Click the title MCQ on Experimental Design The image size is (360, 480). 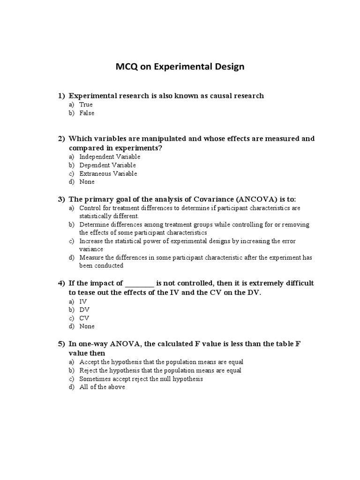(180, 67)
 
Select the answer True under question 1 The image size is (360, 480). (86, 105)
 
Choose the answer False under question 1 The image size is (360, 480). (87, 113)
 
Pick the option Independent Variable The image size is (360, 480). (110, 157)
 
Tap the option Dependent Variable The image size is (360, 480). (107, 165)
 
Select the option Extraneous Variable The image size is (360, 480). (108, 173)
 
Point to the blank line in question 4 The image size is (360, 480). (140, 284)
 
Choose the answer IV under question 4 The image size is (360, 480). (83, 301)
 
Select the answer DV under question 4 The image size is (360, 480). (84, 310)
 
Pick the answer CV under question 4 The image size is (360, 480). (84, 318)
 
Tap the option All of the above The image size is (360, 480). (102, 387)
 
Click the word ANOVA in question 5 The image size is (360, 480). (126, 344)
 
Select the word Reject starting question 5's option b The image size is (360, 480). (89, 370)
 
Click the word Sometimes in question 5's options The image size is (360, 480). (94, 379)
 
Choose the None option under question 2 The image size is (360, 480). (87, 182)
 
